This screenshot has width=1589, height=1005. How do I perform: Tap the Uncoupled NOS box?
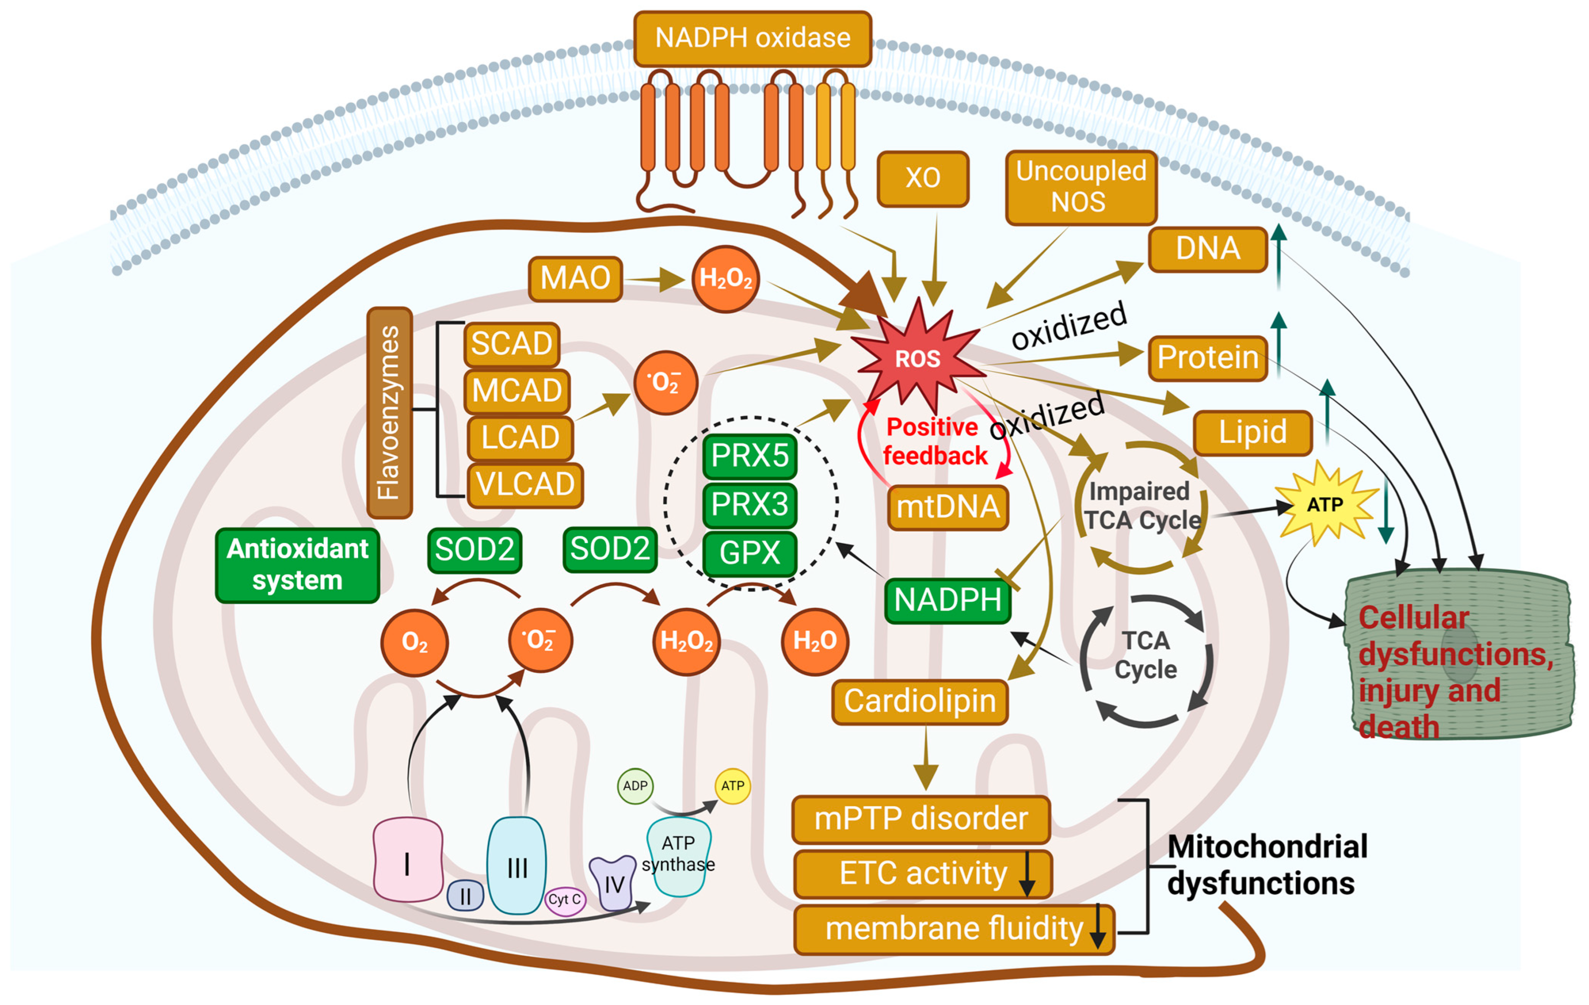click(x=1080, y=187)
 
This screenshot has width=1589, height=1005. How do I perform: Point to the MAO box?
click(x=575, y=278)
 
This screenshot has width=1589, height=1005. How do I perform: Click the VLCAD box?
click(x=525, y=484)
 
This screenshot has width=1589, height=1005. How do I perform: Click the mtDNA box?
click(x=948, y=507)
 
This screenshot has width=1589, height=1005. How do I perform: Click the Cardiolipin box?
click(x=919, y=701)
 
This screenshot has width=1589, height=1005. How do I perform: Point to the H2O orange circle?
click(x=814, y=641)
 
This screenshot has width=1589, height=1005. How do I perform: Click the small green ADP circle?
click(x=635, y=786)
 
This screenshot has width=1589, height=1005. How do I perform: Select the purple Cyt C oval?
click(x=565, y=899)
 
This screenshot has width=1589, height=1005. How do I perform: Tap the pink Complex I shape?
click(x=408, y=860)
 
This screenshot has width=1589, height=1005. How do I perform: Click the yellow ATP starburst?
click(x=1325, y=505)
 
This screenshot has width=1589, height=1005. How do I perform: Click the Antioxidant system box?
click(x=297, y=565)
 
